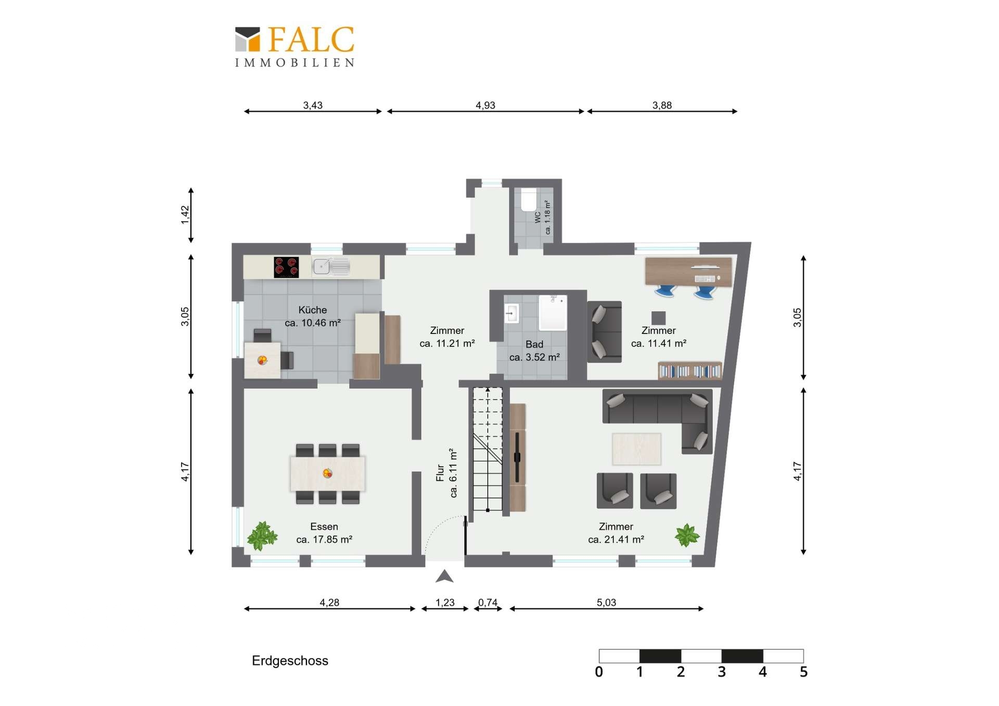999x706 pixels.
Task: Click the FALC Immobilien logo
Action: coord(294,47)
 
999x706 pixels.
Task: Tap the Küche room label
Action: coord(313,310)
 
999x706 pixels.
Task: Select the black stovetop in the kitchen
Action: coord(286,267)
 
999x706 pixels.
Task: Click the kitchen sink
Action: coord(330,266)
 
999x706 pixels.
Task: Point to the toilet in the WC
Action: coord(529,200)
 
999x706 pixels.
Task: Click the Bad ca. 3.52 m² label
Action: coord(534,351)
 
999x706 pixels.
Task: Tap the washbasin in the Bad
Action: coord(511,313)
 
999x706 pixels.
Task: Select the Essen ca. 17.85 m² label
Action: coord(324,533)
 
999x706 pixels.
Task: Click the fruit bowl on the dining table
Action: coord(327,473)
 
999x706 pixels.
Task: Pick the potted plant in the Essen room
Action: coord(262,536)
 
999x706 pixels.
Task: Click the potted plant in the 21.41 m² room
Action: coord(687,535)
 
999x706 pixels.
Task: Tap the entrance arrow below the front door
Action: coord(444,576)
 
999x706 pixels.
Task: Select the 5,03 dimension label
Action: coord(606,602)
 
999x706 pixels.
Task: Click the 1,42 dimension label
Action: coord(185,215)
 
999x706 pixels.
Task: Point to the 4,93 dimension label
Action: coord(485,105)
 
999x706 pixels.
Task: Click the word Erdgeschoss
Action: coord(290,661)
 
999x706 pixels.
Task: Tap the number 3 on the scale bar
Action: coord(722,672)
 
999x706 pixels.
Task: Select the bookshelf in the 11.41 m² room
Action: coord(690,370)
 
